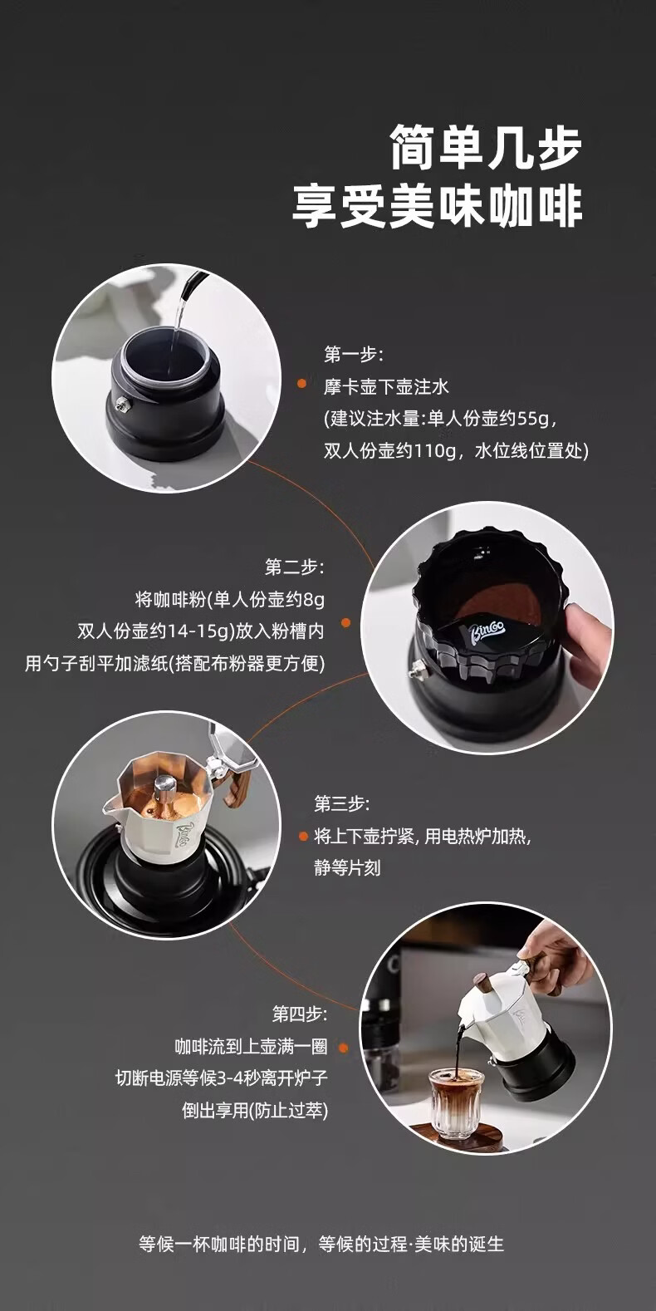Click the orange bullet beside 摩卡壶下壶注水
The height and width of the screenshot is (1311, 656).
coord(302,385)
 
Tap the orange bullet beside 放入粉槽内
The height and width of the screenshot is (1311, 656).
coord(345,623)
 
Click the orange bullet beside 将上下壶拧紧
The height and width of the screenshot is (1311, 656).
coord(303,837)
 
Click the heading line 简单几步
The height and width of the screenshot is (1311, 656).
coord(486,148)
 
